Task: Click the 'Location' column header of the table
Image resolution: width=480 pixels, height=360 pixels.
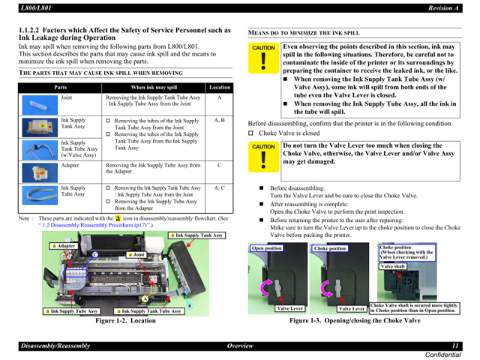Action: coord(219,87)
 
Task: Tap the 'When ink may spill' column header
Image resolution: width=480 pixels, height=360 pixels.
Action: coord(154,87)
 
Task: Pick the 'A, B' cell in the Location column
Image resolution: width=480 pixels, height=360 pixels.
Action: coord(219,120)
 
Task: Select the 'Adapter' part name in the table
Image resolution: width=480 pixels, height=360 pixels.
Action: coord(70,164)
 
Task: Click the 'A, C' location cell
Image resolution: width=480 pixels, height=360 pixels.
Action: coord(219,187)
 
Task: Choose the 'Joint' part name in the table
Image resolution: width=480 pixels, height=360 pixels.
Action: coord(67,97)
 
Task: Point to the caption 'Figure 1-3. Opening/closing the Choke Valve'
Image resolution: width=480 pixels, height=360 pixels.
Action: coord(355,320)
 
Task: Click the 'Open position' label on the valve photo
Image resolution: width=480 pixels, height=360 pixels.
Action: coord(267,248)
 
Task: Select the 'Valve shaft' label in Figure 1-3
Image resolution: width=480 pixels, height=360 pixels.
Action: coord(394,266)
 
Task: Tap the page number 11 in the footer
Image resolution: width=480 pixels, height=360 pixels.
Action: coord(454,345)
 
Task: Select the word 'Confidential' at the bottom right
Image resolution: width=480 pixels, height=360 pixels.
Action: coord(447,354)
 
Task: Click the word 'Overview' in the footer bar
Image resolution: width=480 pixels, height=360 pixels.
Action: coord(239,345)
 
